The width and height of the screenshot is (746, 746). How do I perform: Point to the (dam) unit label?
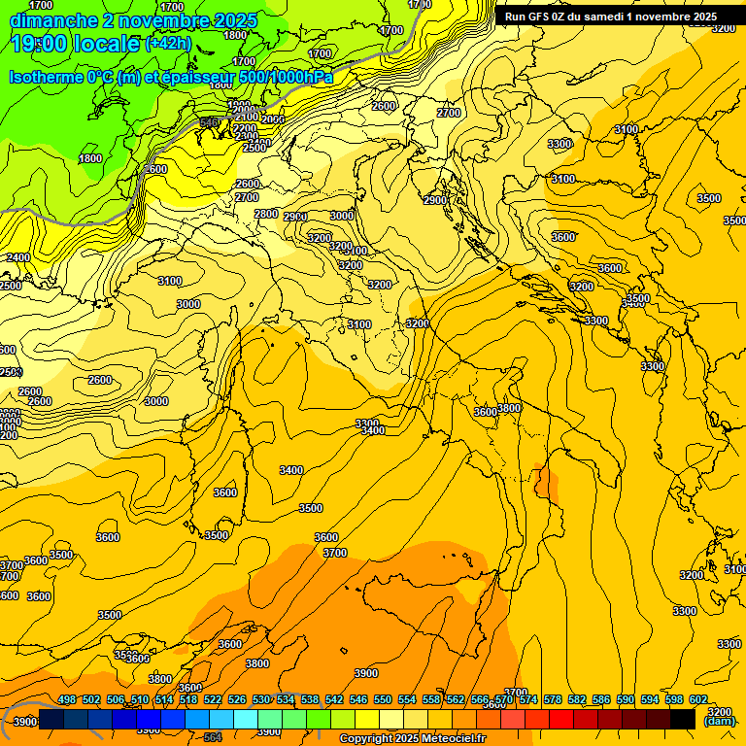coord(719,721)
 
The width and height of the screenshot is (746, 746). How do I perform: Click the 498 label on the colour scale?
coord(67,699)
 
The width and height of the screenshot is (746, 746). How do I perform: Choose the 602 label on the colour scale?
coord(698,699)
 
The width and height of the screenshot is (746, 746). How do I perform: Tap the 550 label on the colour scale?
coord(383,699)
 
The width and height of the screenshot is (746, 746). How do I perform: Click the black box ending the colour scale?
coord(683,719)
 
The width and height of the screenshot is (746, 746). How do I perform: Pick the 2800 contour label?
coord(266,214)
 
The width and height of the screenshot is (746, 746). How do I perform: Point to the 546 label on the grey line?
coord(209,122)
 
